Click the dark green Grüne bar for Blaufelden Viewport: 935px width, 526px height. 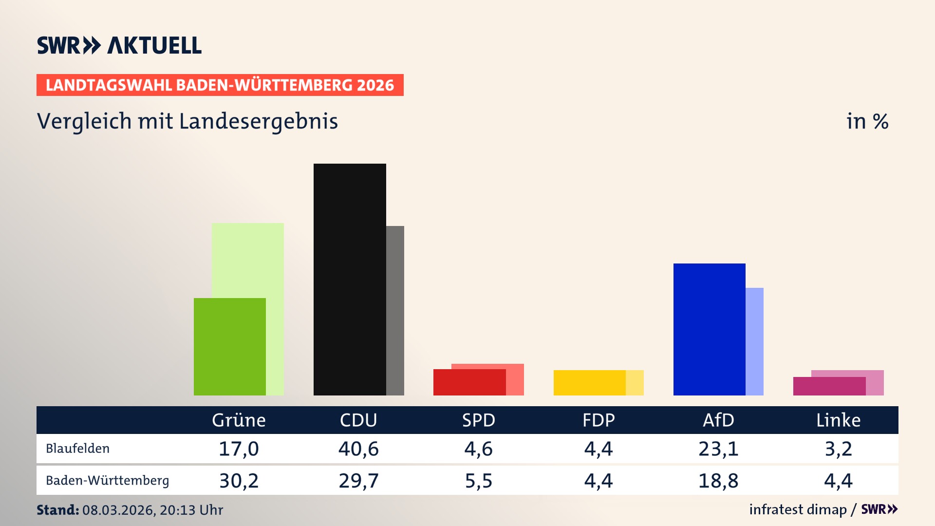point(229,346)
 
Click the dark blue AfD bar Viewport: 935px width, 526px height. point(709,329)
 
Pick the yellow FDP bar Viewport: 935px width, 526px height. point(589,382)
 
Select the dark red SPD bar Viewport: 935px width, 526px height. point(469,382)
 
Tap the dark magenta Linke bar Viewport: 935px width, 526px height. point(829,386)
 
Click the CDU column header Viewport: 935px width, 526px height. point(358,420)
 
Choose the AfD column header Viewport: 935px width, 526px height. point(718,420)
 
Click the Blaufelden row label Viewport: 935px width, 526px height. point(78,448)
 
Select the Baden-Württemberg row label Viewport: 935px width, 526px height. point(107,480)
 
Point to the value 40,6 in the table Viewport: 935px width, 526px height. point(358,449)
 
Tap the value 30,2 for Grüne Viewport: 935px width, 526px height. point(239,481)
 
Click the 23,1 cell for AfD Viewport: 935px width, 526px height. point(718,449)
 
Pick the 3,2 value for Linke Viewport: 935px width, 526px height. point(838,449)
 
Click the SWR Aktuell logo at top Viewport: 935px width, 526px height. point(119,45)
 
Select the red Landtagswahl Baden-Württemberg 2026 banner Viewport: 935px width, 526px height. point(220,85)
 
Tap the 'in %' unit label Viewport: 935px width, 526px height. point(867,121)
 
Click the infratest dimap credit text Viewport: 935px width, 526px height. point(798,509)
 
